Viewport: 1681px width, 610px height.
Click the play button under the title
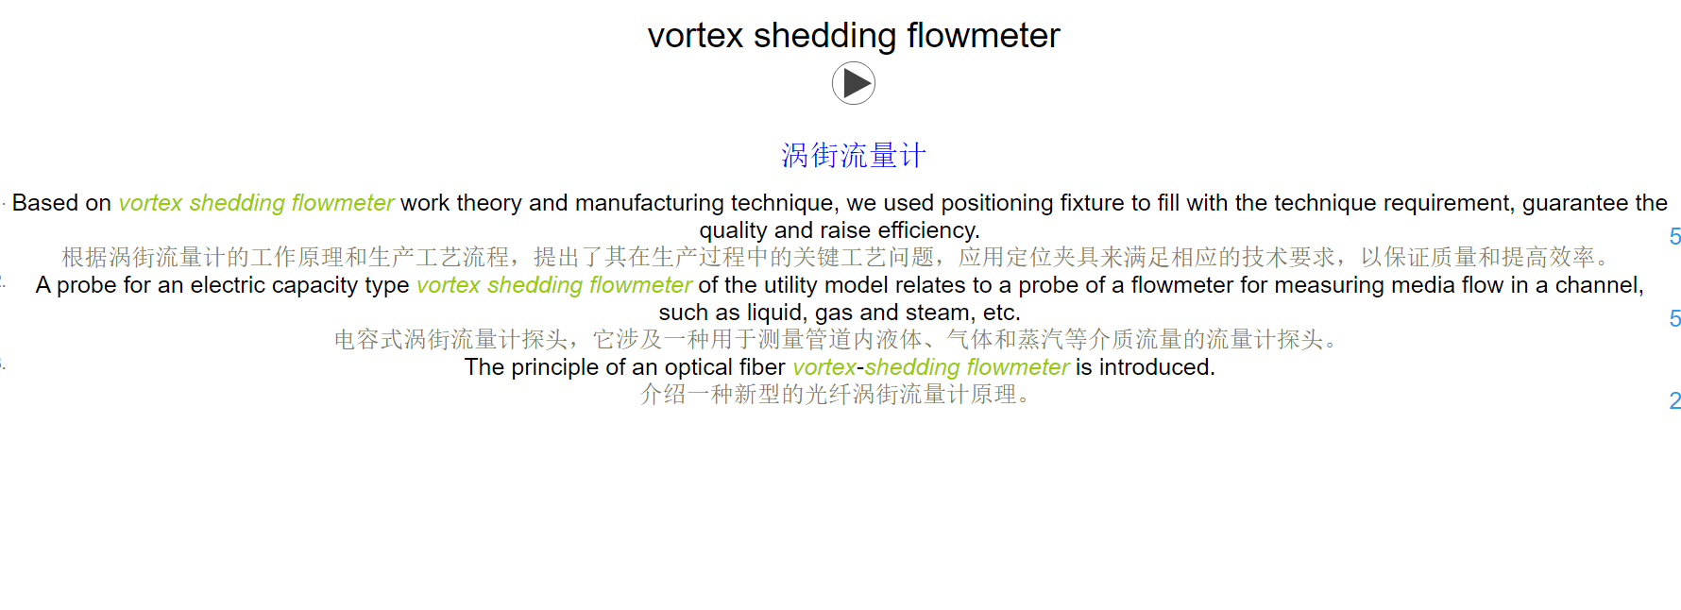854,84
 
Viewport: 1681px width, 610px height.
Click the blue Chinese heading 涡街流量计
854,156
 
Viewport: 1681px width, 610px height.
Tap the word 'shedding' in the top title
824,36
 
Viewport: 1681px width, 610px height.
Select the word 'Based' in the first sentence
45,203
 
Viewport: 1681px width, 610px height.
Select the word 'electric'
228,285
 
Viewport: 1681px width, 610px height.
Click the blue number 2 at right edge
1675,401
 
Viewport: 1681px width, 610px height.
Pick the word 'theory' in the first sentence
489,203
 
